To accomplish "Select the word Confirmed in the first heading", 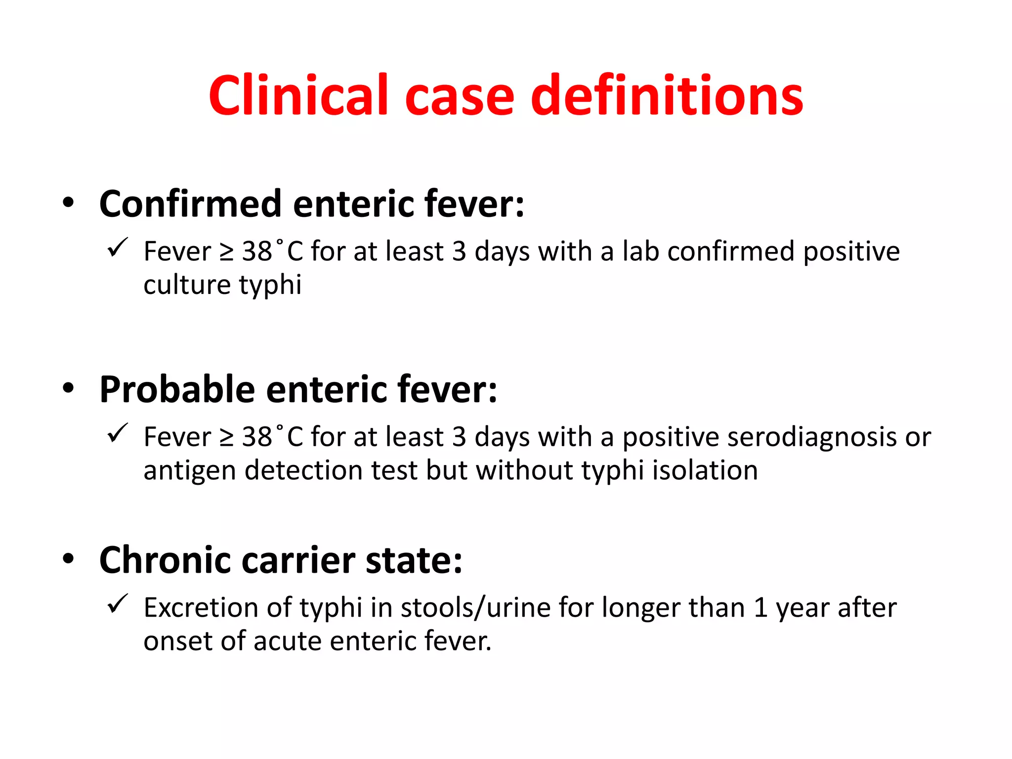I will (191, 204).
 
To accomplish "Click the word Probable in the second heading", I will (177, 389).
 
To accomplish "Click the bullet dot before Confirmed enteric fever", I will (68, 203).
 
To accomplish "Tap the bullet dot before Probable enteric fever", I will (68, 388).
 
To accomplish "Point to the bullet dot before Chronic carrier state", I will (68, 559).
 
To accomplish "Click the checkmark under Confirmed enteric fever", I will (118, 247).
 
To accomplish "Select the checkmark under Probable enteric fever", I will (118, 433).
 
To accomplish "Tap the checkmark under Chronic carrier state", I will (118, 603).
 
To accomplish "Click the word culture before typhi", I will (187, 285).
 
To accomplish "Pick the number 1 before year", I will (760, 608).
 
